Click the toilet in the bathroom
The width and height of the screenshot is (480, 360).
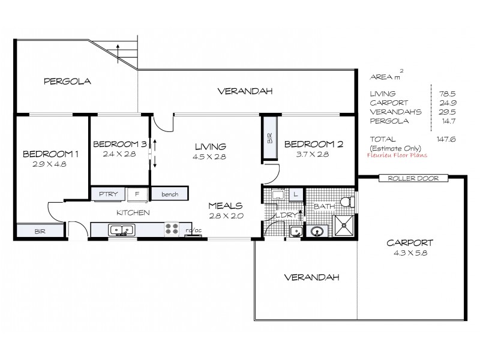pyautogui.click(x=345, y=202)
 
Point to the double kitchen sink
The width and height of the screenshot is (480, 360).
pyautogui.click(x=120, y=229)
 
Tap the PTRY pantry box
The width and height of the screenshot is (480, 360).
pyautogui.click(x=108, y=194)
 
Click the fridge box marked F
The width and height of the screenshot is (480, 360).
pyautogui.click(x=137, y=194)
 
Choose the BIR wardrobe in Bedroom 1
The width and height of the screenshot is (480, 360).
pyautogui.click(x=39, y=230)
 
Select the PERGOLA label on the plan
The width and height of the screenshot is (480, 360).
pyautogui.click(x=67, y=81)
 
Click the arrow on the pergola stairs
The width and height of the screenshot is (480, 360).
pyautogui.click(x=118, y=51)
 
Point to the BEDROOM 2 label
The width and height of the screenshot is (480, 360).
pyautogui.click(x=313, y=144)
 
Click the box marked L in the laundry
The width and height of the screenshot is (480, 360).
pyautogui.click(x=295, y=193)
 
